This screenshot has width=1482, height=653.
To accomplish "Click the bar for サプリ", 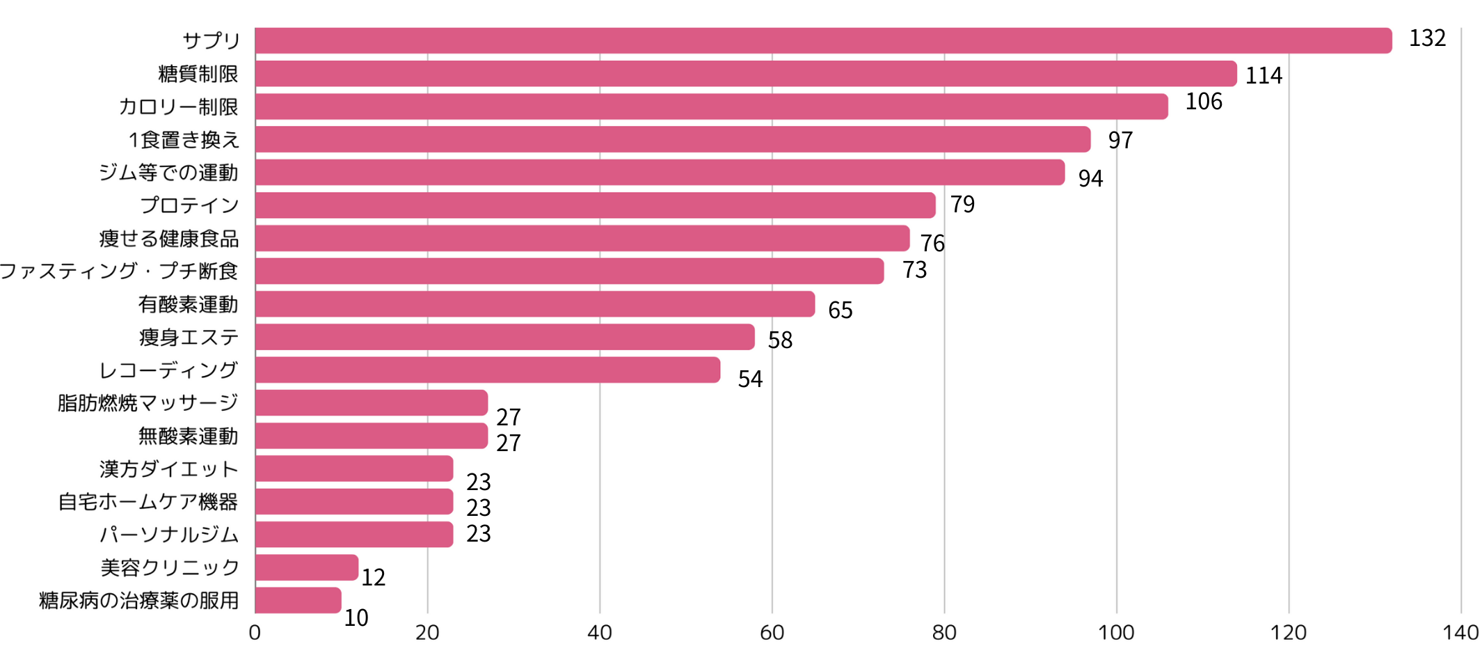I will [823, 40].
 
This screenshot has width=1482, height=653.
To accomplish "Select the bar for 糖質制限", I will [746, 74].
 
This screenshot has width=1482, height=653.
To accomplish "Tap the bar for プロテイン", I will [595, 205].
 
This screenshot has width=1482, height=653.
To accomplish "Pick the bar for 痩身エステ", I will [504, 337].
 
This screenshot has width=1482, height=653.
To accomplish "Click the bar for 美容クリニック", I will [307, 567].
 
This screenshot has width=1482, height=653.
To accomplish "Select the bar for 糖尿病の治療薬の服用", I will [298, 600].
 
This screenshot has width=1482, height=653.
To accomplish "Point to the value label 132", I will [1427, 38].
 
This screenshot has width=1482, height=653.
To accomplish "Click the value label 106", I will [1204, 102].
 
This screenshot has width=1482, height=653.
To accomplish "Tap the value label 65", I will [840, 310].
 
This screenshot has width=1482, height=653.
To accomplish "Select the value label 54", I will [750, 379].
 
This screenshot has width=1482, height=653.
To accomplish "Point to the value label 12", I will [373, 577].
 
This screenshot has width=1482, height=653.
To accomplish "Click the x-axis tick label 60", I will [772, 633].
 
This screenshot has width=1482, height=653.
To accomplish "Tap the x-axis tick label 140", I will [1460, 633].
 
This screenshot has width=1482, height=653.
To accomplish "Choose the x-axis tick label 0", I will [255, 633].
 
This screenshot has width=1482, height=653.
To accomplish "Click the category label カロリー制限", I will [178, 107].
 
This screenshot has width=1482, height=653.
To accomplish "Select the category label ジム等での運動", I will [168, 172].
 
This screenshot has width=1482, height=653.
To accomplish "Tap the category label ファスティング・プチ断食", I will [119, 271].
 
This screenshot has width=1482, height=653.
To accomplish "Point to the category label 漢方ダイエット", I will [169, 469].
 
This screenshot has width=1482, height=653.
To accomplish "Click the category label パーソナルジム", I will [169, 534].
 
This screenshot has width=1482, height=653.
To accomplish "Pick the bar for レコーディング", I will [487, 370].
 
